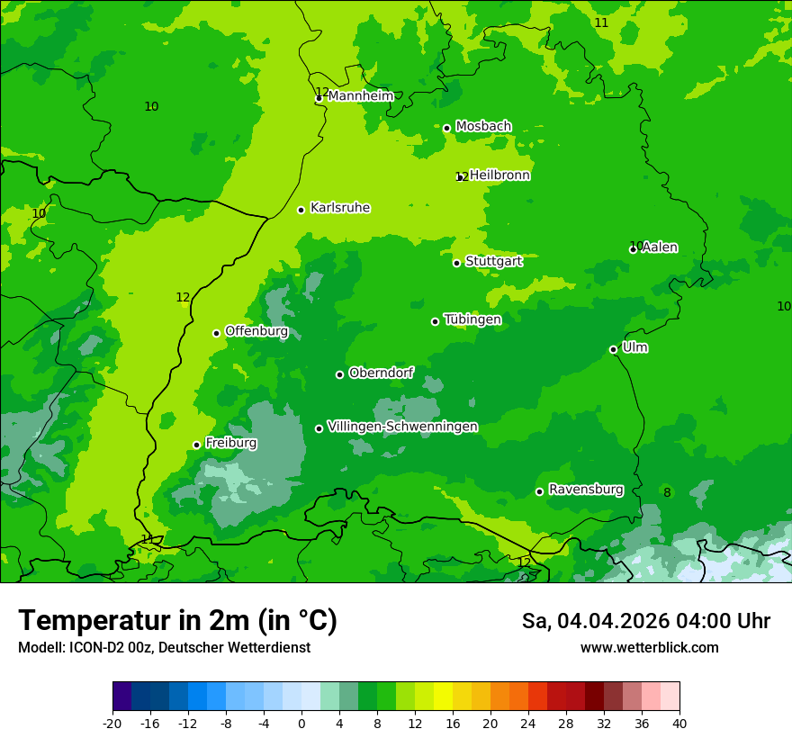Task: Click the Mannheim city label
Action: [360, 96]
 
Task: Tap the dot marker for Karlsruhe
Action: [301, 210]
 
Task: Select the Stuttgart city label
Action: [493, 261]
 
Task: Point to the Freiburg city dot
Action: [196, 445]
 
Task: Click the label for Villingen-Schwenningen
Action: [402, 427]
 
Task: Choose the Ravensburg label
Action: [585, 490]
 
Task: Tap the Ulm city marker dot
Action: [614, 349]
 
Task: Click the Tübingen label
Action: [472, 319]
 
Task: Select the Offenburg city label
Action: [256, 331]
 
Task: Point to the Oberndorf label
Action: [382, 373]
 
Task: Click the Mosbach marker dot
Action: [446, 128]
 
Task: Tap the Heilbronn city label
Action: [499, 175]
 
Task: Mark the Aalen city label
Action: [660, 247]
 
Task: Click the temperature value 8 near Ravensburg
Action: [667, 492]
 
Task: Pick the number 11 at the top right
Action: [601, 22]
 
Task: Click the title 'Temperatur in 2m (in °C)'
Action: [177, 620]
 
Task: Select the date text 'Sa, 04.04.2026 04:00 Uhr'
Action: [645, 621]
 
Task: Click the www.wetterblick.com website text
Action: [649, 647]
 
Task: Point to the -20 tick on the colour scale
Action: [112, 723]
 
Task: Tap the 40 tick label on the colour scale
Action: [679, 723]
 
